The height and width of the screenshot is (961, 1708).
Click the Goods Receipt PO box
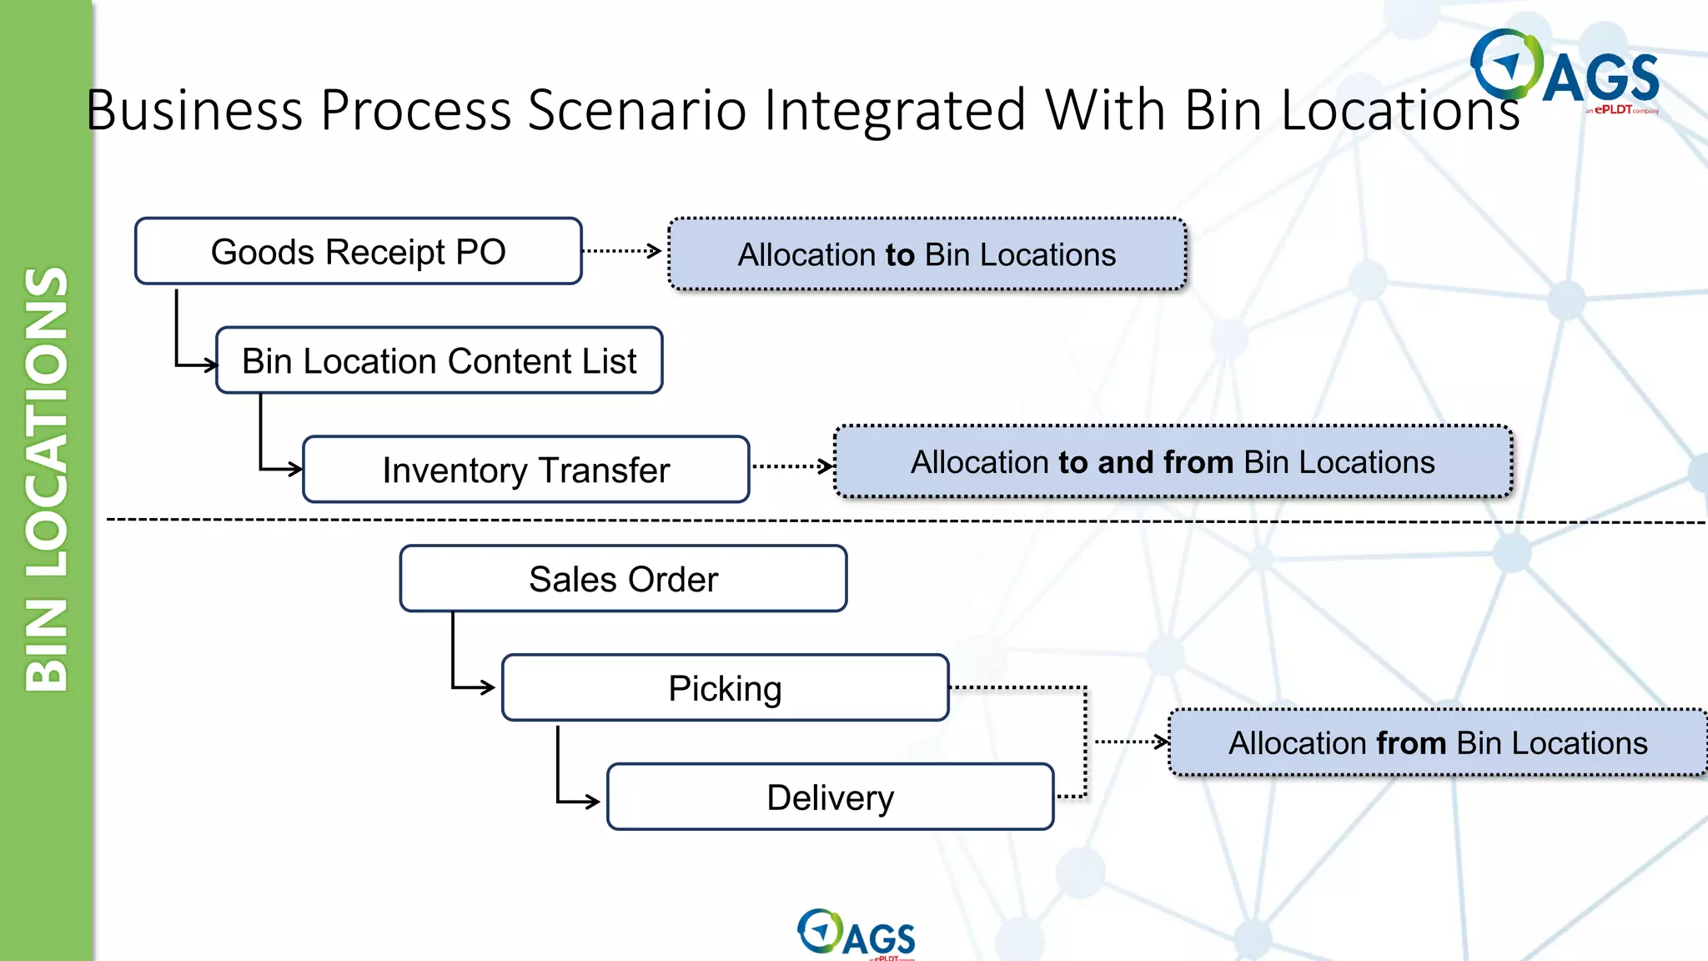click(358, 251)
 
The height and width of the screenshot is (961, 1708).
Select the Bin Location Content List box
click(439, 360)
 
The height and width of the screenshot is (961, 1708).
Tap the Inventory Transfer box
click(525, 470)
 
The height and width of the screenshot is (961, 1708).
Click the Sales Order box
click(623, 579)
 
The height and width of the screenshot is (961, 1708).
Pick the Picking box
click(725, 688)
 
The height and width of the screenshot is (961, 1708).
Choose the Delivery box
click(830, 797)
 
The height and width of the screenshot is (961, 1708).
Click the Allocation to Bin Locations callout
click(927, 254)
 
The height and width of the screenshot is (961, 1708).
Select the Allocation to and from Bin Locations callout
click(1173, 462)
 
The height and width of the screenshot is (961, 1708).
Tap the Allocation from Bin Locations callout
click(1438, 742)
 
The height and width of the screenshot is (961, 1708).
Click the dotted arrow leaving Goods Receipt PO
click(622, 250)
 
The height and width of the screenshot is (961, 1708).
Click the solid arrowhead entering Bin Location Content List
click(208, 365)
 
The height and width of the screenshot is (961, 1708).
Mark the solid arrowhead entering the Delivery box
click(591, 802)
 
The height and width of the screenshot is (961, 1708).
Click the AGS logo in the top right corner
click(1565, 72)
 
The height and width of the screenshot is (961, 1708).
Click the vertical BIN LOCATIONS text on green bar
click(47, 480)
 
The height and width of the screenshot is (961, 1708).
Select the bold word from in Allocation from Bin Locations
click(1411, 742)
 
